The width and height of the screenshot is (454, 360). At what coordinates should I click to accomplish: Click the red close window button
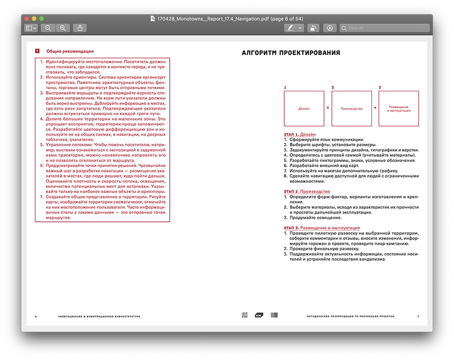click(x=27, y=19)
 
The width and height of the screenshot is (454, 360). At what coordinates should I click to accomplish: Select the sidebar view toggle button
click(x=31, y=28)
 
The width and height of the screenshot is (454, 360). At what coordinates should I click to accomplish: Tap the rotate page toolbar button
click(x=313, y=28)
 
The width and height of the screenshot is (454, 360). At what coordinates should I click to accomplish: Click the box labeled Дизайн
click(x=304, y=108)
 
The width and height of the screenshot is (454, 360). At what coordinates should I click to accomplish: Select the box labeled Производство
click(x=352, y=108)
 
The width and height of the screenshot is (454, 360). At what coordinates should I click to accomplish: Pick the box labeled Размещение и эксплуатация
click(x=399, y=108)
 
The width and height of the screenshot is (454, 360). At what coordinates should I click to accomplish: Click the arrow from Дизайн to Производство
click(x=327, y=108)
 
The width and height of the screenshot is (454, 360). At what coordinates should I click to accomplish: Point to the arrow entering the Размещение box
click(x=375, y=108)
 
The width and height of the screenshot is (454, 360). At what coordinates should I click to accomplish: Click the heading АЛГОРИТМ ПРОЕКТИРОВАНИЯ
click(x=291, y=53)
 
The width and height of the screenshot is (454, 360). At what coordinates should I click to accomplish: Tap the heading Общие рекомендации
click(x=70, y=51)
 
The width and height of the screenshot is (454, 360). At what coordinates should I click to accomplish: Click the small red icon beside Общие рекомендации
click(x=36, y=51)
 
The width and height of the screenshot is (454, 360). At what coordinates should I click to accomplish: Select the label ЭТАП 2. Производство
click(x=306, y=192)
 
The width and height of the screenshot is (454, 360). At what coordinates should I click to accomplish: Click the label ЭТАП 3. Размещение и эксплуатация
click(x=320, y=228)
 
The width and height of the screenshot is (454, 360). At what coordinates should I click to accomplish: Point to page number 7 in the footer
click(x=418, y=317)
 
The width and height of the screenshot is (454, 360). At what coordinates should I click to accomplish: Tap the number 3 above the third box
click(x=380, y=87)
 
